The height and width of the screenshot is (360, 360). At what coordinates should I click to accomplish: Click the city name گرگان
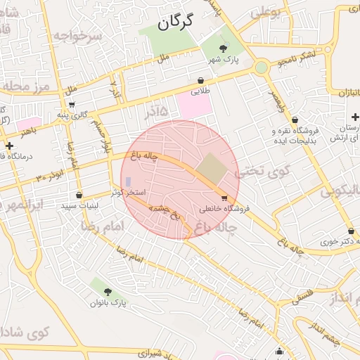174,22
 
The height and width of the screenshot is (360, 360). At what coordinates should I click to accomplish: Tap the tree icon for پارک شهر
224,48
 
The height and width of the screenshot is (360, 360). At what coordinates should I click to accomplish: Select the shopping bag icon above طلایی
201,81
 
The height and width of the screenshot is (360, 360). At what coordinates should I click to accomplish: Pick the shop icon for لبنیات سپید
78,195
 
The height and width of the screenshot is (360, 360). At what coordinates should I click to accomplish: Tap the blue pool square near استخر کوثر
128,182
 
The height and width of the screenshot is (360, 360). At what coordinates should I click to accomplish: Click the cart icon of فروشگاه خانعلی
224,198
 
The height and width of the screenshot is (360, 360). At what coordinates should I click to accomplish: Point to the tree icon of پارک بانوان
107,291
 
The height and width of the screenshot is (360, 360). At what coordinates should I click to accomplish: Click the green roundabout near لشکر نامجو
262,67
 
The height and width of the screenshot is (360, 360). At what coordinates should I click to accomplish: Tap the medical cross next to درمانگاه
9,146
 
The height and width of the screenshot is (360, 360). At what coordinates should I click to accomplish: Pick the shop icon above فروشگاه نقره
295,120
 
